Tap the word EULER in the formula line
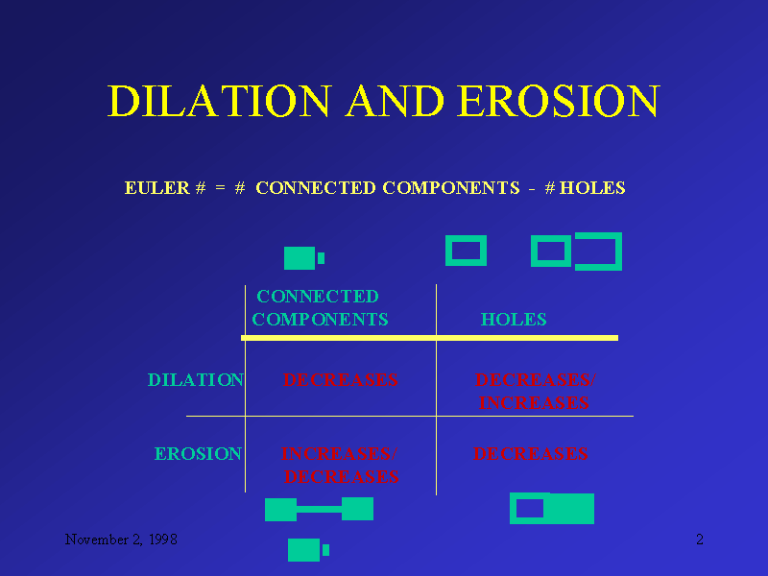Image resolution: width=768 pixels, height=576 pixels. [x=156, y=188]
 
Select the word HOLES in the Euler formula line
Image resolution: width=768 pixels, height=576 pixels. [x=592, y=188]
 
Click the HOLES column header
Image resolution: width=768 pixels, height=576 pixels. [x=514, y=320]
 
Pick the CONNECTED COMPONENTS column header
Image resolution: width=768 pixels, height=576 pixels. [x=320, y=308]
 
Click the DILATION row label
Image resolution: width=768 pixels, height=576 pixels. [x=195, y=380]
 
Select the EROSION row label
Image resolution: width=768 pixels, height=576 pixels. [x=198, y=454]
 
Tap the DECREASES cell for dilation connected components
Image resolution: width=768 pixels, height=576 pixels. [x=341, y=380]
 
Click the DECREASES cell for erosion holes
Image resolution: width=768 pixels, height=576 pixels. [x=530, y=454]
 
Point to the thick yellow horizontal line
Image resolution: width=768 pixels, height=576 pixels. [x=429, y=338]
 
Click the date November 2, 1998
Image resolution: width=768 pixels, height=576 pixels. [x=120, y=540]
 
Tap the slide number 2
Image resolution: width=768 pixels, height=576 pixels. [x=700, y=540]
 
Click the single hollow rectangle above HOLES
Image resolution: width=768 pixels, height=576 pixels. [x=467, y=252]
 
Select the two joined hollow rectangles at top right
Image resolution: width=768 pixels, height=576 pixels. [x=576, y=252]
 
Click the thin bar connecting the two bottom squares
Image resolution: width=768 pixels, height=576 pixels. [x=319, y=509]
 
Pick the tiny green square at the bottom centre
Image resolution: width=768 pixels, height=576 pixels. [x=326, y=550]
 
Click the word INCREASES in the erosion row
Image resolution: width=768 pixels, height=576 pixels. [x=337, y=454]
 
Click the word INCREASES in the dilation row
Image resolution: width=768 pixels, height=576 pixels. [x=534, y=403]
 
